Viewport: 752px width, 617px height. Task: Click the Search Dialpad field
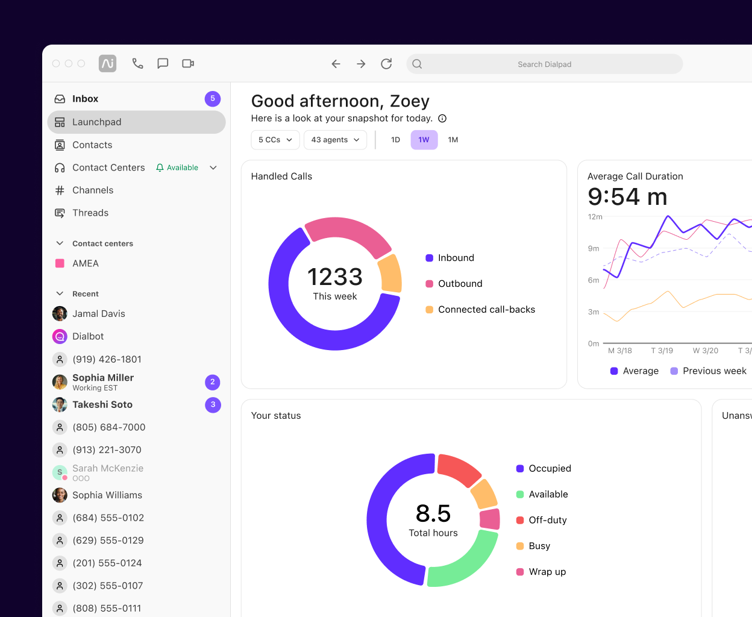pos(544,64)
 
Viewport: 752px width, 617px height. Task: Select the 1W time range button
pos(424,140)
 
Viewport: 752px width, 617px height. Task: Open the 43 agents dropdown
pos(335,140)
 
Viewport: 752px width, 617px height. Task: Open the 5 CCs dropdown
pos(275,140)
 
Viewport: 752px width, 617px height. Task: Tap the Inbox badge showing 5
pos(212,99)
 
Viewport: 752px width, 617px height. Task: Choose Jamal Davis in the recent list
pos(98,314)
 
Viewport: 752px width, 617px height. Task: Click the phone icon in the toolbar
pos(137,63)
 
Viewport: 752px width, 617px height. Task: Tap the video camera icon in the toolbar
pos(188,63)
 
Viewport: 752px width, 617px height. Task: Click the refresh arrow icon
pos(386,64)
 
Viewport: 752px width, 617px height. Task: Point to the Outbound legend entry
pos(460,284)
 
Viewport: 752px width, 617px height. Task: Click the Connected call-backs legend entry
pos(486,310)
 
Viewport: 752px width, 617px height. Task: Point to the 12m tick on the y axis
pos(595,217)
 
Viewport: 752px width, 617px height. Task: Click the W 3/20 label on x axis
pos(705,351)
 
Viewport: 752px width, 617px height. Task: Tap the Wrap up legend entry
pos(547,572)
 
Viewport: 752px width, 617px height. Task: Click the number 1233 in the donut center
pos(335,277)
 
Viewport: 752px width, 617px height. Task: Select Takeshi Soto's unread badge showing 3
pos(213,405)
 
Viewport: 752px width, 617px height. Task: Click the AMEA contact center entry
pos(85,264)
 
